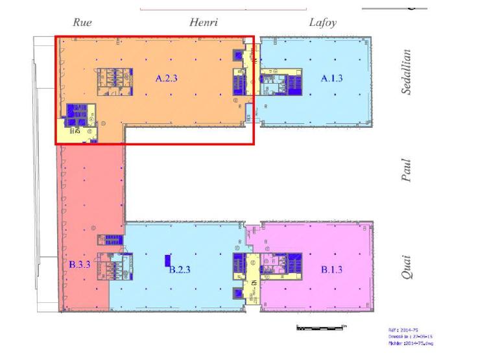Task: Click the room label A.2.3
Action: tap(165, 78)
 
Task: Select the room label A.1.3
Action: tap(332, 78)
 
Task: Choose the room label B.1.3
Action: tap(332, 270)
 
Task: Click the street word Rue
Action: tap(82, 23)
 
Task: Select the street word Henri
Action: tap(204, 23)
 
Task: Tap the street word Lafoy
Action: tap(322, 23)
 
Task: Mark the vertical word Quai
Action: tap(407, 266)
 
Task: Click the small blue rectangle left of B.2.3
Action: tap(167, 261)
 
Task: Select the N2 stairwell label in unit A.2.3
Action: tap(77, 130)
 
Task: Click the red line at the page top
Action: tap(223, 9)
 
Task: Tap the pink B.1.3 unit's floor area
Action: tap(344, 292)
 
